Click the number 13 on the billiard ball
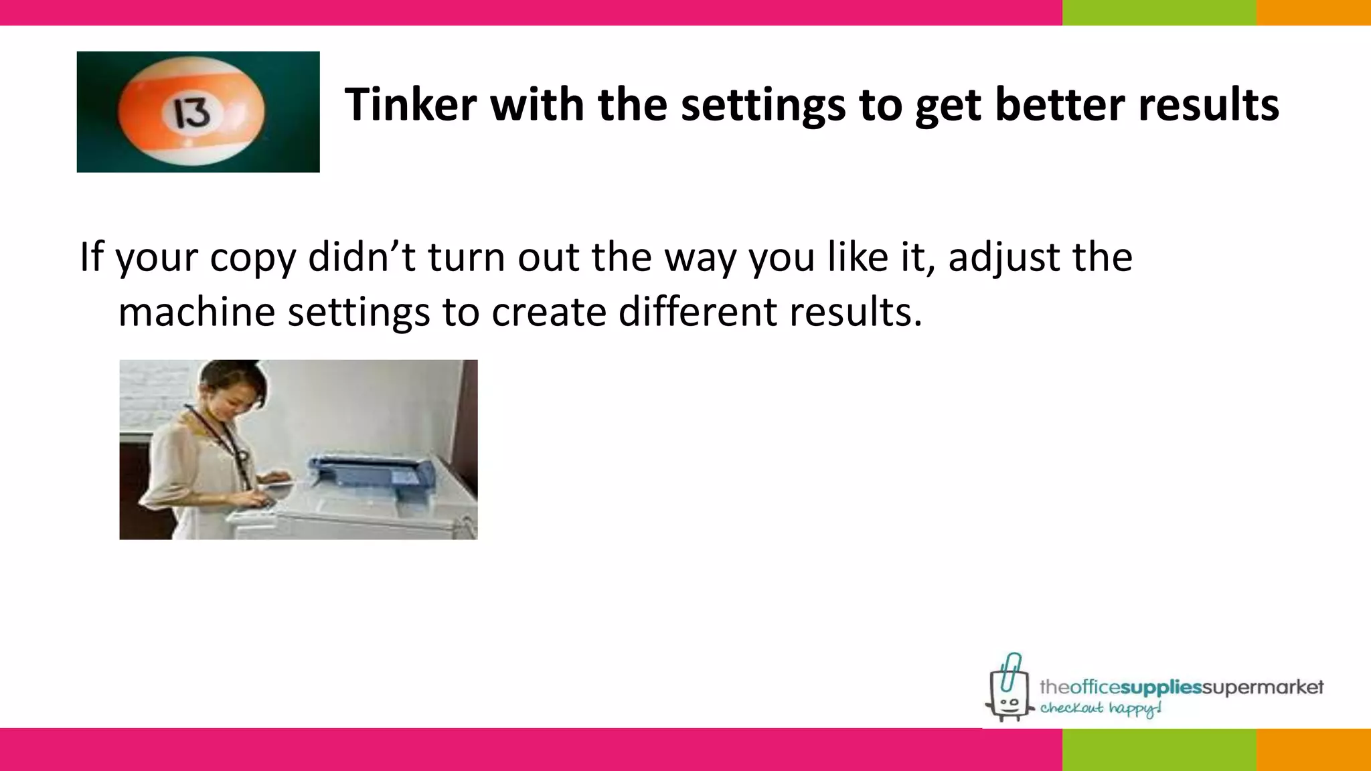click(193, 113)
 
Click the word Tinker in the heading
click(410, 105)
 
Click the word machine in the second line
click(196, 312)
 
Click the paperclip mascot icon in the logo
click(1009, 689)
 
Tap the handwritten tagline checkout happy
click(1100, 709)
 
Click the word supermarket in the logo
click(1263, 687)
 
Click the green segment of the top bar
click(1159, 12)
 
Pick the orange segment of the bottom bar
click(1313, 750)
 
